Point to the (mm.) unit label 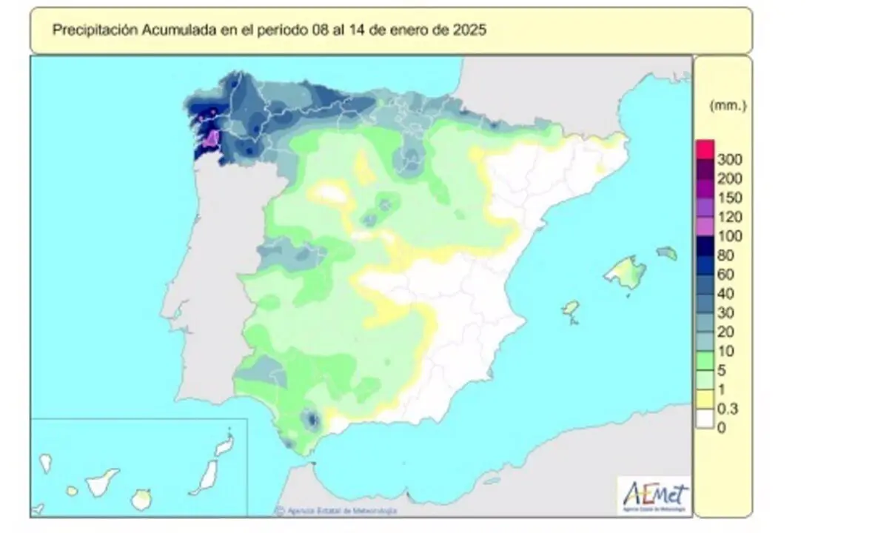point(728,106)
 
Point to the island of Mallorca point(626,272)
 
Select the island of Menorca point(667,253)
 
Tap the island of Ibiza point(570,308)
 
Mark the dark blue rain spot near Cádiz point(312,420)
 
